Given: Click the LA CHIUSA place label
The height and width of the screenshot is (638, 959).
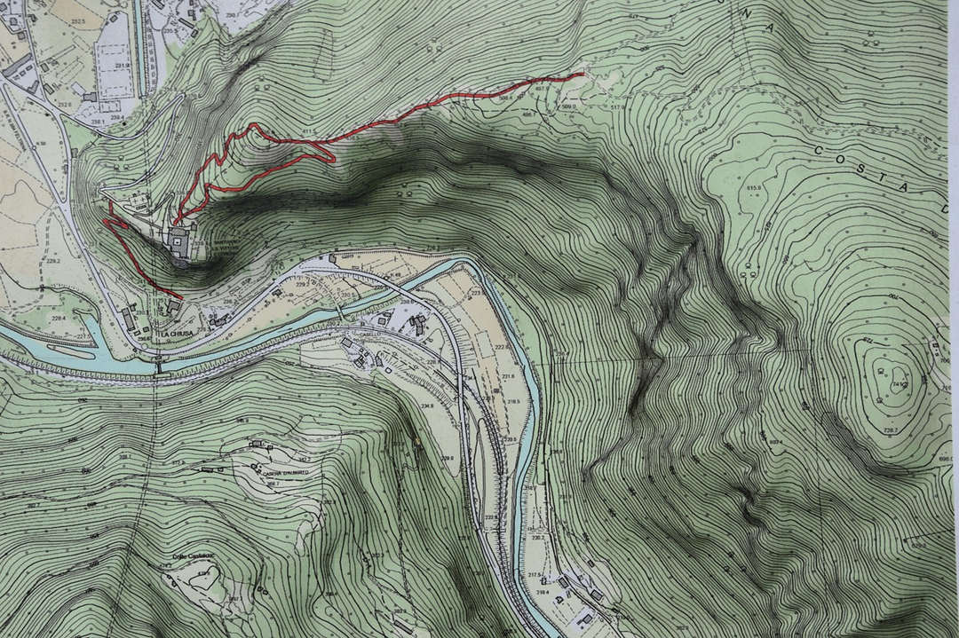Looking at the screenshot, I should point(177,335).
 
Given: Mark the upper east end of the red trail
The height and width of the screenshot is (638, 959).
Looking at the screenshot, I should point(583,75).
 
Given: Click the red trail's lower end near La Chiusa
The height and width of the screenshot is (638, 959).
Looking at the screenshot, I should point(181,297).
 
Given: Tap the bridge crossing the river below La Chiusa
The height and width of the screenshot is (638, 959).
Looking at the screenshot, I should point(160,364).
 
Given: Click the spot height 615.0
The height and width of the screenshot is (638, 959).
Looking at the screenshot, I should point(755,189).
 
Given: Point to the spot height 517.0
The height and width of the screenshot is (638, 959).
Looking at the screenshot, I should point(619,107).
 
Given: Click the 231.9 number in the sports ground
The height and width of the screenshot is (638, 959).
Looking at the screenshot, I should point(122,66).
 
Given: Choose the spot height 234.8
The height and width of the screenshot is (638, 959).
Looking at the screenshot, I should point(427,407).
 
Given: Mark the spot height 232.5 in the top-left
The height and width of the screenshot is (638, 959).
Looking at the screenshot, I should point(77,21).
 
